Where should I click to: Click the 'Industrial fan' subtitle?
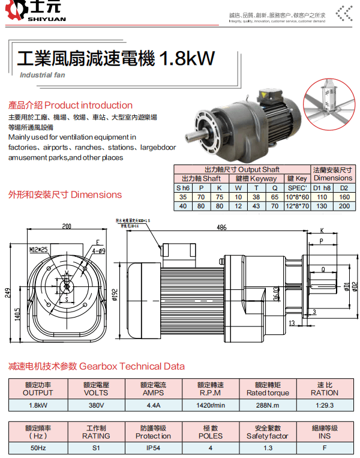point(42,75)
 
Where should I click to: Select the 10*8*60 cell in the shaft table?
point(296,196)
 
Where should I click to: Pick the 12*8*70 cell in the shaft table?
point(296,206)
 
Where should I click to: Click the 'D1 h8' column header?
point(322,187)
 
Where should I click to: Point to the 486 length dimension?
point(221,227)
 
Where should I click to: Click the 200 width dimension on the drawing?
point(66,227)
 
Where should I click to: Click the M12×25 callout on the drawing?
point(38,248)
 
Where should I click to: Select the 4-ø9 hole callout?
point(99,250)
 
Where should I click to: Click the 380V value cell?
point(95,405)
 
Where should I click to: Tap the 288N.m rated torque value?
point(268,405)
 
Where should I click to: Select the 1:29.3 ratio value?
point(324,405)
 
